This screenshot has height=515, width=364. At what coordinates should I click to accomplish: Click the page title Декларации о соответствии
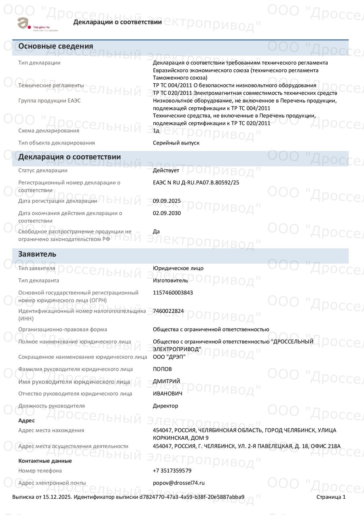117,22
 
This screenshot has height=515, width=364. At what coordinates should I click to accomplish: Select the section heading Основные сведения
56,46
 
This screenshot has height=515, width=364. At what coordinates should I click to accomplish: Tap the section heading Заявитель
37,254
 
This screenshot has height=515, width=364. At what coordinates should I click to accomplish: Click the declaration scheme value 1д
156,131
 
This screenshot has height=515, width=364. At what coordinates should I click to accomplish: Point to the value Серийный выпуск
176,143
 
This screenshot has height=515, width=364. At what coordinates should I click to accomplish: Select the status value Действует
166,170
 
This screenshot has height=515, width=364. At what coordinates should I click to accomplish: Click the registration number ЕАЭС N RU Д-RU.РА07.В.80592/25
196,182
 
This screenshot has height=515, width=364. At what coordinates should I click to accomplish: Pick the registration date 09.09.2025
167,201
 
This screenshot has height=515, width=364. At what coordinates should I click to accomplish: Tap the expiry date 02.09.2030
167,213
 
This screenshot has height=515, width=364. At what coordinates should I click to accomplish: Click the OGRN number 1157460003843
173,292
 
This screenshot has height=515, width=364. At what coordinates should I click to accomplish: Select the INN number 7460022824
168,311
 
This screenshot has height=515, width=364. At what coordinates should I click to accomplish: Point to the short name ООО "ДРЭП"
169,357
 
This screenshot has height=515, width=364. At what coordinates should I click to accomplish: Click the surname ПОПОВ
162,369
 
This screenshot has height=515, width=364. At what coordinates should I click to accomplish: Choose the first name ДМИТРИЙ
166,381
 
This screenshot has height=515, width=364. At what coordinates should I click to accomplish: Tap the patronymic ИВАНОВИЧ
167,394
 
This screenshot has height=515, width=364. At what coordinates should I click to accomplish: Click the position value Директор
165,406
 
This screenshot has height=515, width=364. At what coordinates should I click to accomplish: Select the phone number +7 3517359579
172,471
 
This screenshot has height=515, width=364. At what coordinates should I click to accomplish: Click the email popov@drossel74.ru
179,483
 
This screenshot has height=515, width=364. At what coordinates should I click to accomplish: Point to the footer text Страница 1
331,497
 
